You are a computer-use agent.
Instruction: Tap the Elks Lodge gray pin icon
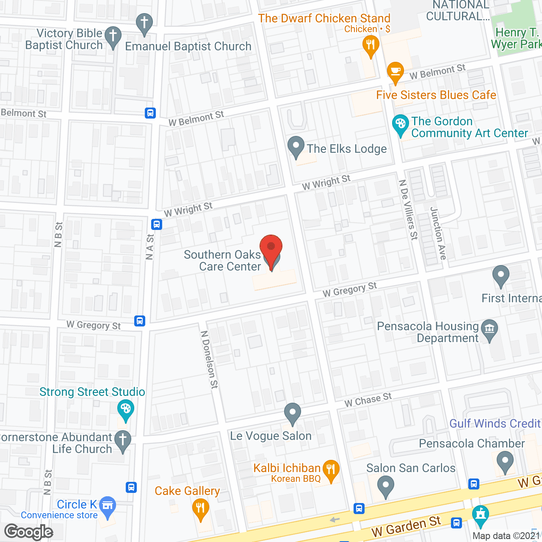[x=296, y=147]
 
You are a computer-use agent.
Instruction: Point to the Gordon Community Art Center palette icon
[x=400, y=125]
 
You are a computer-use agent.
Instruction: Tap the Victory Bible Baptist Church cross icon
[x=113, y=37]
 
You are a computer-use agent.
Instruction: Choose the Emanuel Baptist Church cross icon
[x=144, y=23]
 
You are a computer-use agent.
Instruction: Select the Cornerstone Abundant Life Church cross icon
[x=123, y=440]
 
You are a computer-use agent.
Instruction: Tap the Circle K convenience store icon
[x=108, y=506]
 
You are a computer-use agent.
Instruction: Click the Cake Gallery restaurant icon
[x=200, y=509]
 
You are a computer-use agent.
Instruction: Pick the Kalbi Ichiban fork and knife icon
[x=331, y=470]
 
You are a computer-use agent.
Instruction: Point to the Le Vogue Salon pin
[x=292, y=412]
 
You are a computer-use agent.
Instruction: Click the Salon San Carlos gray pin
[x=385, y=486]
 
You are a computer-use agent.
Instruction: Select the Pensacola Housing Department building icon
[x=489, y=329]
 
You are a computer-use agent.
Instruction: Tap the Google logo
[x=29, y=532]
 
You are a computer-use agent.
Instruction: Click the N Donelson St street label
[x=210, y=359]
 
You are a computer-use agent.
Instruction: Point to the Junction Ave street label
[x=438, y=233]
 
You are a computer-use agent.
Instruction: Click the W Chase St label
[x=368, y=399]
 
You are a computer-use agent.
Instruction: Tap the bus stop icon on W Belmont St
[x=150, y=113]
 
